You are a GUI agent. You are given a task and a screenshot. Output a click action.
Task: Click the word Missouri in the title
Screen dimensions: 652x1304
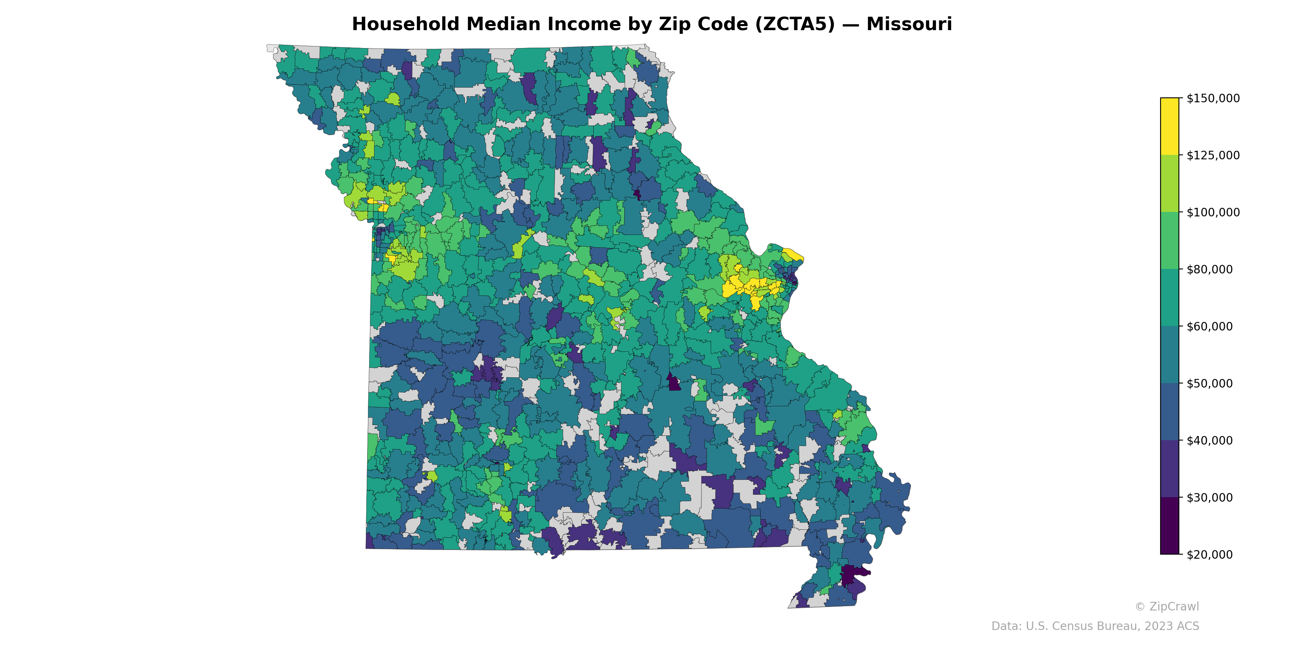(x=909, y=24)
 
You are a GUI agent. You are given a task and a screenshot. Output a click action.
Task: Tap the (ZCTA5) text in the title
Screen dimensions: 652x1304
(x=795, y=24)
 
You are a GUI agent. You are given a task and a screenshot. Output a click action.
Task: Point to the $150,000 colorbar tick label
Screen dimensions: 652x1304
(x=1213, y=98)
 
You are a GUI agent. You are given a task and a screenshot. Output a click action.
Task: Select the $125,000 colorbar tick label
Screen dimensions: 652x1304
(x=1213, y=155)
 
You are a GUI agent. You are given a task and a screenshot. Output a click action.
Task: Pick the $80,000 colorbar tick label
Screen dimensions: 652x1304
(x=1210, y=269)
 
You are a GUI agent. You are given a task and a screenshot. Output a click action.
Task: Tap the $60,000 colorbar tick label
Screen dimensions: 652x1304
(x=1210, y=326)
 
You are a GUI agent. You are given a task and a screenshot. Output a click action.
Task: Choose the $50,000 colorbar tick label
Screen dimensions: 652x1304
(x=1210, y=384)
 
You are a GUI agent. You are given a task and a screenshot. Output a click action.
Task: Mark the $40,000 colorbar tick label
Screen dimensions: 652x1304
(x=1210, y=441)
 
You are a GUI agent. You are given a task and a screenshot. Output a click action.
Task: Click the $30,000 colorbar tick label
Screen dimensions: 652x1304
(x=1210, y=498)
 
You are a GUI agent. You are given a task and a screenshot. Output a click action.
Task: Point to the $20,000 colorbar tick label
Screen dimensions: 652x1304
(x=1210, y=555)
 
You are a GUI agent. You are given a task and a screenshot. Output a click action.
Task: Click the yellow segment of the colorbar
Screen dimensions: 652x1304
(x=1170, y=127)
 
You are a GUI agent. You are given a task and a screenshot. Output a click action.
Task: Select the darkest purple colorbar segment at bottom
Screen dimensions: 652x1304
(x=1170, y=526)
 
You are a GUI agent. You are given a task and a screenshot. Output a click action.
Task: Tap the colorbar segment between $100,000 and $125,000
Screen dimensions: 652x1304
(x=1170, y=184)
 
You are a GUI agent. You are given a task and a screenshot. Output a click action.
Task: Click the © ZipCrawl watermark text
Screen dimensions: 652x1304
(x=1167, y=606)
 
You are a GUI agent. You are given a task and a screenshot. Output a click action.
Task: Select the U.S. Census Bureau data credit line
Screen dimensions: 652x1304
(x=1095, y=626)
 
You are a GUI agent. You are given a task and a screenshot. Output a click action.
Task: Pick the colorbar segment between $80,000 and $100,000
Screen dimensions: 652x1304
(x=1170, y=241)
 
